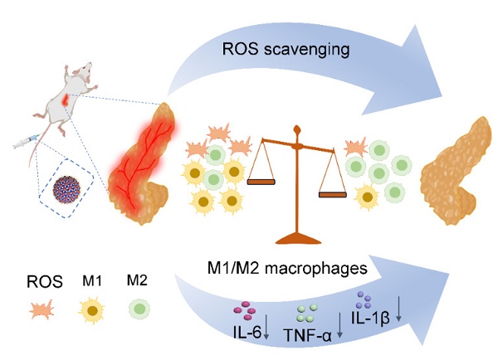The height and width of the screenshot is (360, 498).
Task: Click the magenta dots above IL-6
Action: click(x=247, y=309)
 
